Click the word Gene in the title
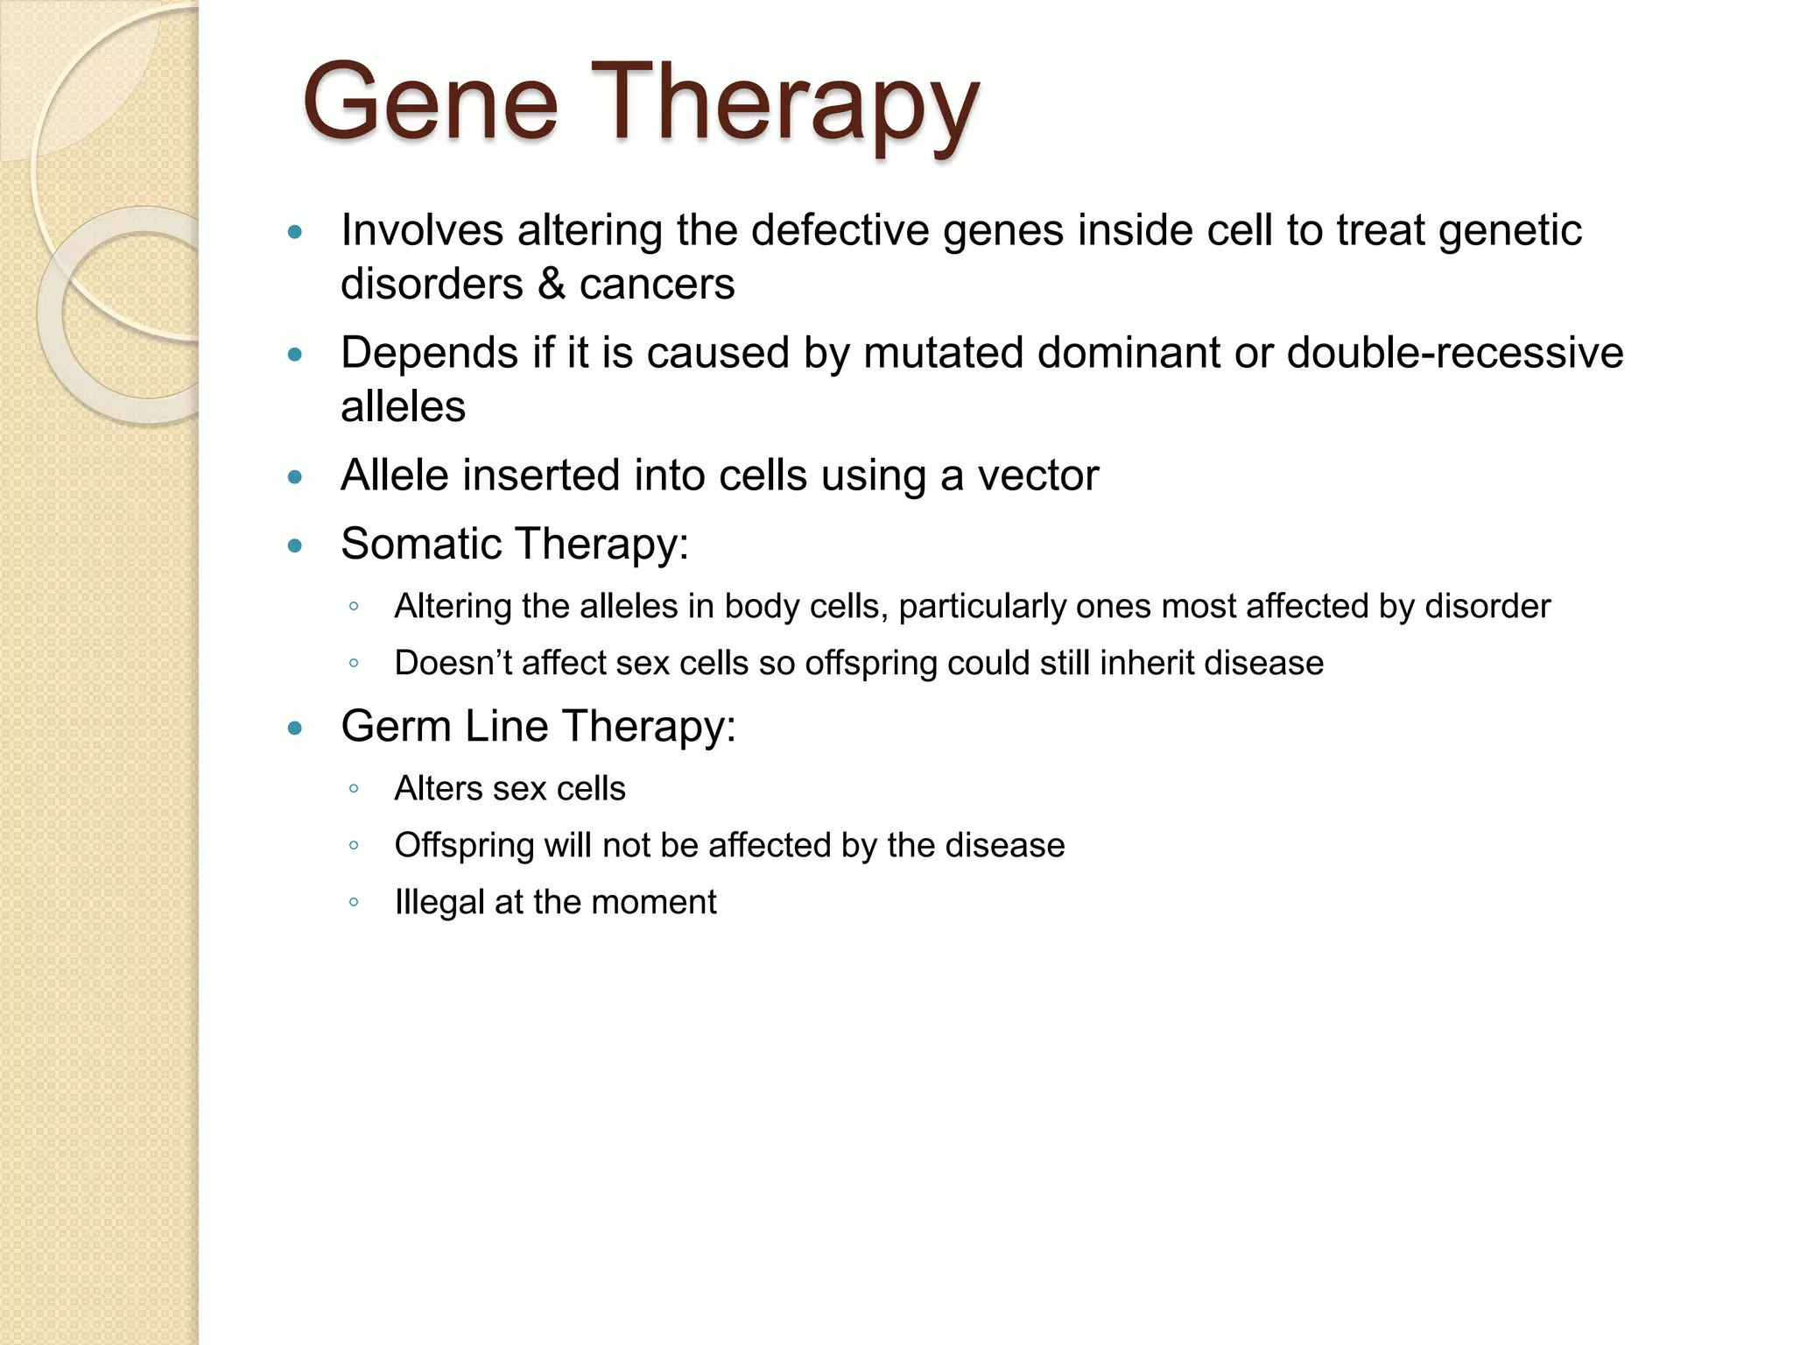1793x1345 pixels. pyautogui.click(x=430, y=103)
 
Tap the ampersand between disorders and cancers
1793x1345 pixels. pyautogui.click(x=551, y=285)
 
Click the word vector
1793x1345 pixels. pyautogui.click(x=1037, y=475)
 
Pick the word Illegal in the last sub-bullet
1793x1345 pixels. pyautogui.click(x=439, y=902)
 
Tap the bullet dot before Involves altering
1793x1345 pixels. pyautogui.click(x=295, y=232)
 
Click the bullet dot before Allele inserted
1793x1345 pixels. pyautogui.click(x=295, y=477)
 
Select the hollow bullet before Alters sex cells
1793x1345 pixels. pyautogui.click(x=354, y=789)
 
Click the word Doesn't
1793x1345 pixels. pyautogui.click(x=453, y=663)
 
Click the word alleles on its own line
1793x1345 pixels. pyautogui.click(x=403, y=407)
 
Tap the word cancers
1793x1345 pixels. pyautogui.click(x=657, y=285)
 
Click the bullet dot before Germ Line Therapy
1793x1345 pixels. pyautogui.click(x=295, y=728)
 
